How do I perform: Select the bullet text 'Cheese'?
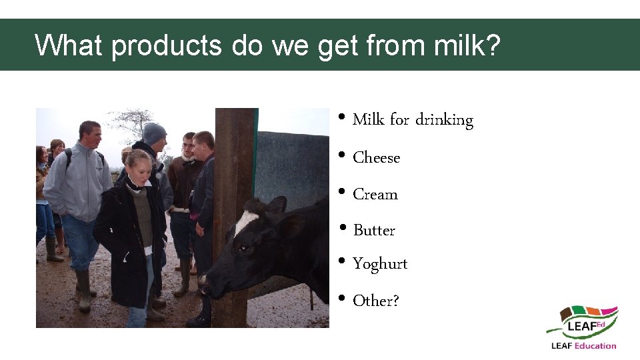pos(376,158)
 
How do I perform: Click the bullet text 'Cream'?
pos(375,195)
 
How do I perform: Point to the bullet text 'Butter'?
pos(374,231)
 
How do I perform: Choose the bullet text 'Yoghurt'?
pos(380,265)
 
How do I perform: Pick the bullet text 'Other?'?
pos(376,301)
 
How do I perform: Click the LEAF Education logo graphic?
pos(582,323)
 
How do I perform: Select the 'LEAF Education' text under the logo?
pos(583,345)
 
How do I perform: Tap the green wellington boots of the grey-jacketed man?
pos(83,290)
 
